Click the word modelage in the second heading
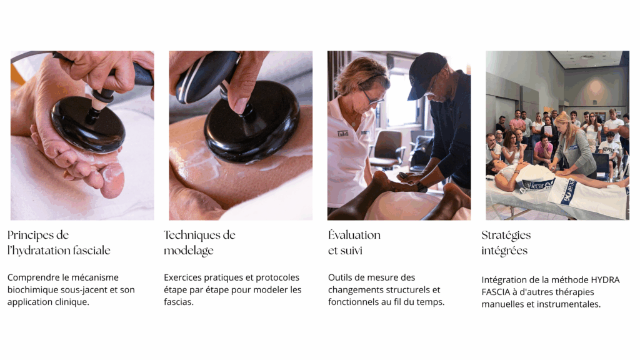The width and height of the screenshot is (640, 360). [189, 251]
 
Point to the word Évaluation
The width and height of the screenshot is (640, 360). [354, 235]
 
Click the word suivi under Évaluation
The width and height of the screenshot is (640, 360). [351, 250]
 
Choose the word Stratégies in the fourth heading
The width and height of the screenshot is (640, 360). [506, 236]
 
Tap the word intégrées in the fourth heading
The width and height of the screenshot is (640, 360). [504, 251]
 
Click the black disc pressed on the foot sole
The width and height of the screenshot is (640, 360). [87, 125]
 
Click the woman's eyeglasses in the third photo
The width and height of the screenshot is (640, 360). [372, 96]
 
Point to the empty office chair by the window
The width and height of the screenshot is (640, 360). [387, 149]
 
